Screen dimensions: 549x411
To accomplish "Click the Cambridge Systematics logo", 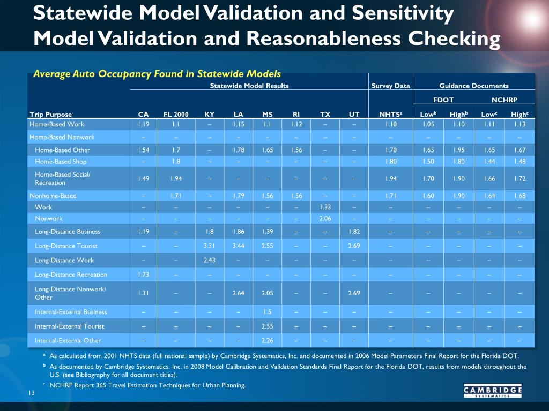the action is coord(493,391).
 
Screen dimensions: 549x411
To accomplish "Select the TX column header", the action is coord(325,115).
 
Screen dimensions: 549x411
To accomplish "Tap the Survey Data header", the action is coord(390,86).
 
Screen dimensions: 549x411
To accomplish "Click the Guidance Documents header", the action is coord(474,86).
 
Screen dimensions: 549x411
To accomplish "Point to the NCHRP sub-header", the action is coord(504,100).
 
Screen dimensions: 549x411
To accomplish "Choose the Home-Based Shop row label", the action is coord(61,162).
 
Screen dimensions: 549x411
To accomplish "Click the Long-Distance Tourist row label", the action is coord(66,246).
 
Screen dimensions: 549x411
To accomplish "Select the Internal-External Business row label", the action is coord(71,312).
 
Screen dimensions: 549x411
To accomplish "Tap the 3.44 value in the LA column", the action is coord(239,246).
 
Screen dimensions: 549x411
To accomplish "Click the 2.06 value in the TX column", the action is coord(325,219).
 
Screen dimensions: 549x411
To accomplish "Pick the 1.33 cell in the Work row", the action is coord(325,207).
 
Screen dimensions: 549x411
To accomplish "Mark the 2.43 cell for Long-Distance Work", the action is coord(210,261).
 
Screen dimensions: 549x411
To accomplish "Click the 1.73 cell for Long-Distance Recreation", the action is coord(143,275).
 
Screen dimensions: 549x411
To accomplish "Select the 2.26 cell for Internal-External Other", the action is coord(267,341).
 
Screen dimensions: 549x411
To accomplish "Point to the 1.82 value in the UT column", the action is coord(354,232).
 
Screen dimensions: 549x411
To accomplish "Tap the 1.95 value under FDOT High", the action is coord(459,150).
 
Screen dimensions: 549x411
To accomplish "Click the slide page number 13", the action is coord(32,393).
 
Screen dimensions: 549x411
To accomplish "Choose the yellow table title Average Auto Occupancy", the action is coord(157,74).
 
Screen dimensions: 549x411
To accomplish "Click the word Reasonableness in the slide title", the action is coord(323,39).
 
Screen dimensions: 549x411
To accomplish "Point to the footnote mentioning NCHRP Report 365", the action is coord(147,385).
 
